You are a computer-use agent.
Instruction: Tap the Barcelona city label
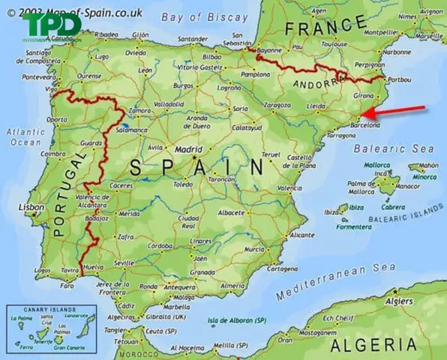tap(365, 126)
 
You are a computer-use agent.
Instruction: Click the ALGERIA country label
tap(379, 344)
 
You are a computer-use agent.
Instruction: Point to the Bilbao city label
tap(213, 56)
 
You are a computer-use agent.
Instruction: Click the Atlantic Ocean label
tap(26, 136)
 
